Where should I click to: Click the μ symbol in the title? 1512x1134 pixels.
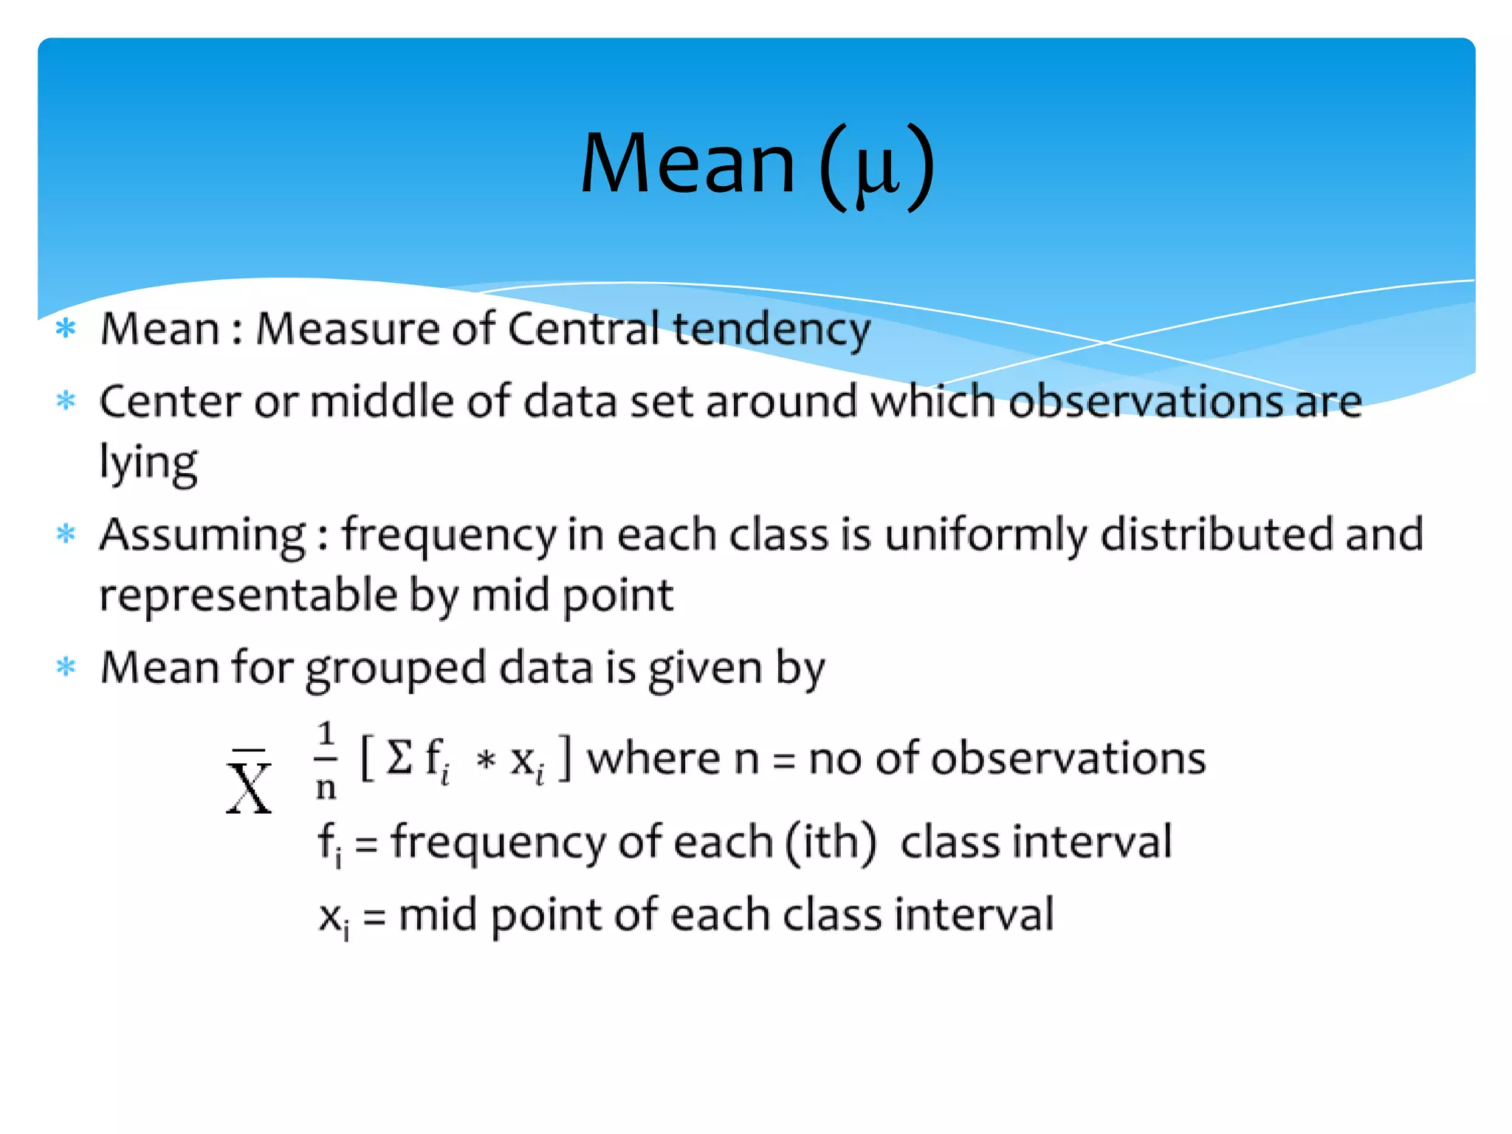click(x=877, y=171)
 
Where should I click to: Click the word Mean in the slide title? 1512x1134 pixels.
click(x=687, y=164)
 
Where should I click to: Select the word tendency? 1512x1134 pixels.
click(x=771, y=330)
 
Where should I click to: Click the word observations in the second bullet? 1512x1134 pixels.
click(x=1145, y=402)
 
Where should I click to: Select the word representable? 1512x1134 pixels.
click(x=249, y=595)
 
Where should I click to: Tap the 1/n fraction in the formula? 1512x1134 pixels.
click(x=326, y=761)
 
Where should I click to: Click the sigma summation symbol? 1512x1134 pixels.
click(x=399, y=757)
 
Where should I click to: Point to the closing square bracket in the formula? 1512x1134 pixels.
click(x=565, y=757)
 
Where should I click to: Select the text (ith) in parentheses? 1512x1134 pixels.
click(x=831, y=842)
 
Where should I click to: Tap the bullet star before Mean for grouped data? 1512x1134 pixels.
click(x=66, y=667)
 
